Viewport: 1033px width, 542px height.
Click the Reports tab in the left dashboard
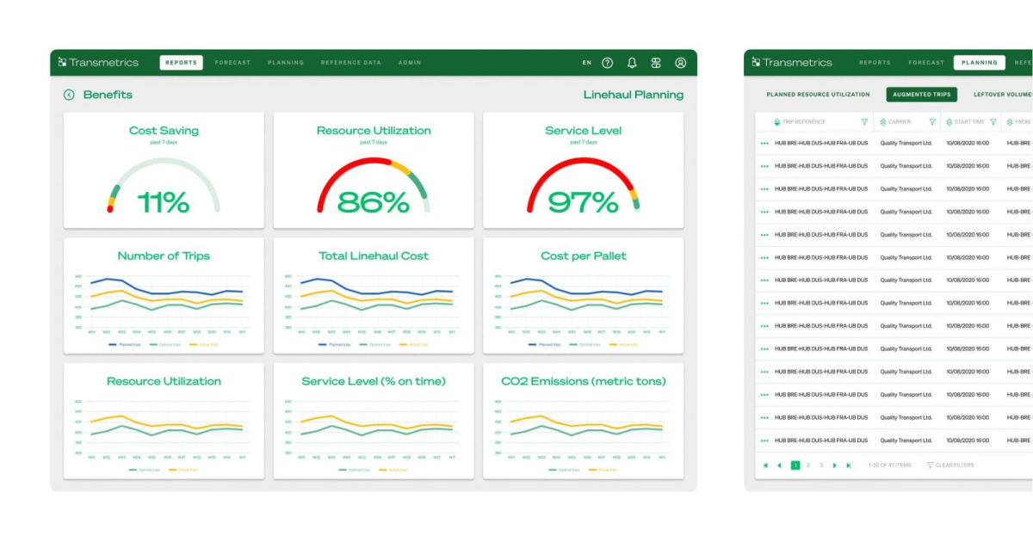(181, 63)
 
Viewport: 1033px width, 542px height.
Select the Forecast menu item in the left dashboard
(232, 63)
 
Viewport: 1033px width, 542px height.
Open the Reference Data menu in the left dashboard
(350, 63)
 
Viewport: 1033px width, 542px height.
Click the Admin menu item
(410, 63)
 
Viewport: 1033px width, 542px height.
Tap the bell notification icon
(632, 63)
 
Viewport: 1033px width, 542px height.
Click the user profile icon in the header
(680, 63)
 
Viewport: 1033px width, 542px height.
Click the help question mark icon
(608, 63)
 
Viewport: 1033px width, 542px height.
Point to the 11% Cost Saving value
(164, 202)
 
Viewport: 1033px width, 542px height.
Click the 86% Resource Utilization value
(373, 202)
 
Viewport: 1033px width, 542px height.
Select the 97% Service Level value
(583, 202)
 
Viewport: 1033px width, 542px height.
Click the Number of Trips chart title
(164, 256)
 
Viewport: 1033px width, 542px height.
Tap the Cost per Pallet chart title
(583, 256)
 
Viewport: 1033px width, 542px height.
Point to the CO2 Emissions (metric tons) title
(583, 381)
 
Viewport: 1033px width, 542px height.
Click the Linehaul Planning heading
(633, 95)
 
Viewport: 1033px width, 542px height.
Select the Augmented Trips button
(921, 95)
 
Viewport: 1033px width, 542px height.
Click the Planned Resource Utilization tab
(818, 95)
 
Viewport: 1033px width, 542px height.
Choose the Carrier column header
(900, 122)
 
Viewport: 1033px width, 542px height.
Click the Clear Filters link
(954, 465)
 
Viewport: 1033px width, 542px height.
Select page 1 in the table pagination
(795, 465)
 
